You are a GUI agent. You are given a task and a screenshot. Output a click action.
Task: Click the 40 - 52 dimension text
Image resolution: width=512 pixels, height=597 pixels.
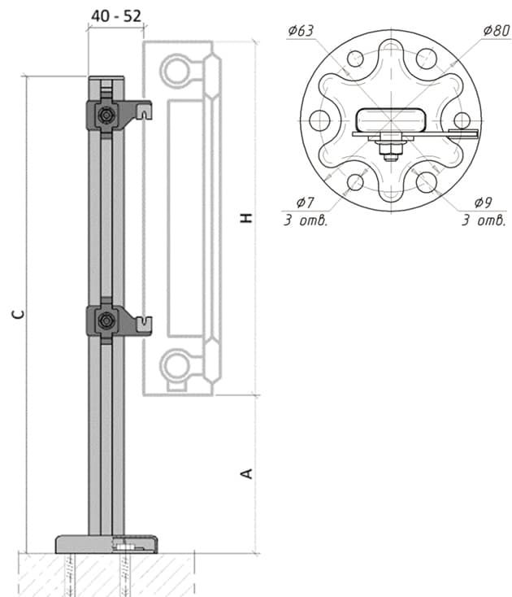click(x=116, y=15)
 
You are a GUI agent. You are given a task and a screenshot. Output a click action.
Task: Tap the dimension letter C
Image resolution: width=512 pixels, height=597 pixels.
click(x=18, y=314)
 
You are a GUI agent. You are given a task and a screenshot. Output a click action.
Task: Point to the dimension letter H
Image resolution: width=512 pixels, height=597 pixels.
click(x=246, y=218)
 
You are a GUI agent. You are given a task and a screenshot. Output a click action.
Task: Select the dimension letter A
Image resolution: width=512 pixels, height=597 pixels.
click(x=246, y=473)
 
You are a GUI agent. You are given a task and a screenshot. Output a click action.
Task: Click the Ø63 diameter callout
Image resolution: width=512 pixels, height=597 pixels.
click(x=301, y=30)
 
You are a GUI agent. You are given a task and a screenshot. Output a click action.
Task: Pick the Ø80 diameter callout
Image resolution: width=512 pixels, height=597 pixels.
click(x=497, y=30)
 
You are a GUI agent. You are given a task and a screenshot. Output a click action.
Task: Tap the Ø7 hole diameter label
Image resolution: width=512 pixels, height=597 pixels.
click(x=305, y=203)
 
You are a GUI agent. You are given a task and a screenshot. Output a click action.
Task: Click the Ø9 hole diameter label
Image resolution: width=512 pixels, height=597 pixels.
click(x=483, y=203)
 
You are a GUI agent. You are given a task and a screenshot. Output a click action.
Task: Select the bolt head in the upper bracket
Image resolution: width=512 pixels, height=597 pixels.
click(x=106, y=115)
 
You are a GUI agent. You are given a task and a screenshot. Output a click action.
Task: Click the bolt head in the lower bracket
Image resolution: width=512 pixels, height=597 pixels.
click(x=106, y=320)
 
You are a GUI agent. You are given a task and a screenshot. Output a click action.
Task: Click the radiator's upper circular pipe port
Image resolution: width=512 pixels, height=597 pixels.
click(x=176, y=71)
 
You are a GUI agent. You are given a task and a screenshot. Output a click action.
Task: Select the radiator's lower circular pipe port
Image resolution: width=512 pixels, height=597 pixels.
click(x=176, y=366)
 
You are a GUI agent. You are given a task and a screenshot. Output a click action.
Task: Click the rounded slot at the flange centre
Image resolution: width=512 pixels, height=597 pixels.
click(x=391, y=120)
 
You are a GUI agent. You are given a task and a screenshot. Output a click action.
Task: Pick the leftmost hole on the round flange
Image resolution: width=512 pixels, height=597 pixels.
click(x=319, y=120)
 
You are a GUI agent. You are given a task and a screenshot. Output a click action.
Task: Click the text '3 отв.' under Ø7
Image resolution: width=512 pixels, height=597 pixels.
click(x=306, y=220)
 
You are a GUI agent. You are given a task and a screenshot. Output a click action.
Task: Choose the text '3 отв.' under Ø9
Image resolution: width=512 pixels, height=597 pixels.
click(x=484, y=220)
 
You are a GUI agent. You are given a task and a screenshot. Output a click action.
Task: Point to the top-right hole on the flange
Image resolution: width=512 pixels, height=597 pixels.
click(x=426, y=59)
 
